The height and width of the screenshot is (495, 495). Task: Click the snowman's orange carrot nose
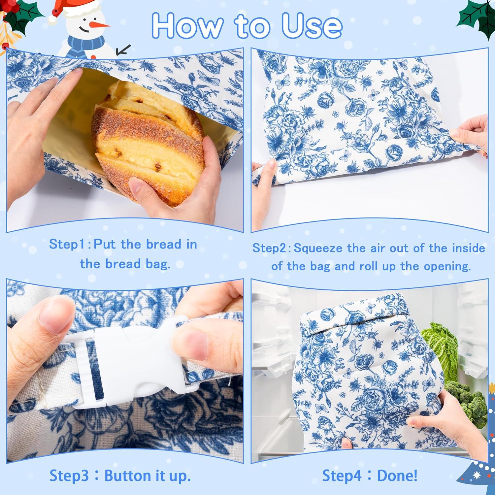point(101,24)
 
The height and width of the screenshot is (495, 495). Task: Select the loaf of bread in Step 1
point(148,142)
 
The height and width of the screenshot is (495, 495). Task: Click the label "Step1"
point(68,245)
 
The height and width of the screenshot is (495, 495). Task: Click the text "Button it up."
point(148,476)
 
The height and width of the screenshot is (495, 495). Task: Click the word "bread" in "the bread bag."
point(124,264)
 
